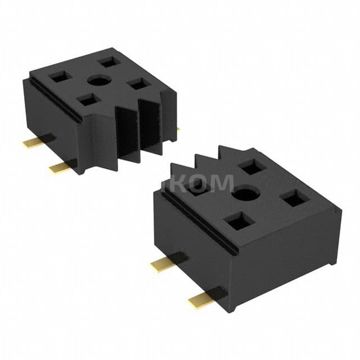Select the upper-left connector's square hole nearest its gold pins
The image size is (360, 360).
coord(58,77)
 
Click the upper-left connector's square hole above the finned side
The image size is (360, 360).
coord(138,84)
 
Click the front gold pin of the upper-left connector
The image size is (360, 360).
coord(62,166)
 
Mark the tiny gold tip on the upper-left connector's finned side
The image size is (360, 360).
coord(178,129)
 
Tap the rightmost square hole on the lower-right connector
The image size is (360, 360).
coord(294,198)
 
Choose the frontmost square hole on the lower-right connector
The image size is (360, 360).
coord(240,222)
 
